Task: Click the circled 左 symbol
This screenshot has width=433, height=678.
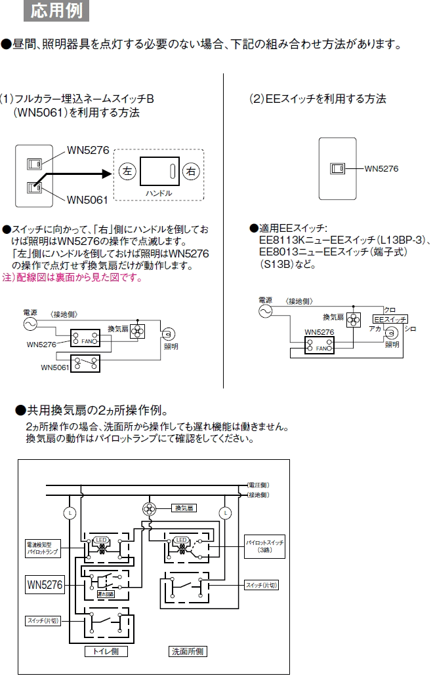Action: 127,172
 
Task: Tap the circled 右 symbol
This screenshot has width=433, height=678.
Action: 191,172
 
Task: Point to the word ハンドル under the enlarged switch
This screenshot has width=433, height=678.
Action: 159,194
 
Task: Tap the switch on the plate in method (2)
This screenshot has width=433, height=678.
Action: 337,168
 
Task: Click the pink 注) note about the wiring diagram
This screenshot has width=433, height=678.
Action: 72,278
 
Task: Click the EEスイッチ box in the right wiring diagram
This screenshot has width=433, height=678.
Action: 390,318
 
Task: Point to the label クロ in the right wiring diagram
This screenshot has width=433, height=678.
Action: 390,309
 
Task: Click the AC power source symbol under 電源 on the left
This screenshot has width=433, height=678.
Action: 31,323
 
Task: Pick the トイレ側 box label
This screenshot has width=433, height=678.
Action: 106,652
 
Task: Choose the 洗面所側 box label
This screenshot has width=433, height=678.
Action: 188,652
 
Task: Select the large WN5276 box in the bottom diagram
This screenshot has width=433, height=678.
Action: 45,584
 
